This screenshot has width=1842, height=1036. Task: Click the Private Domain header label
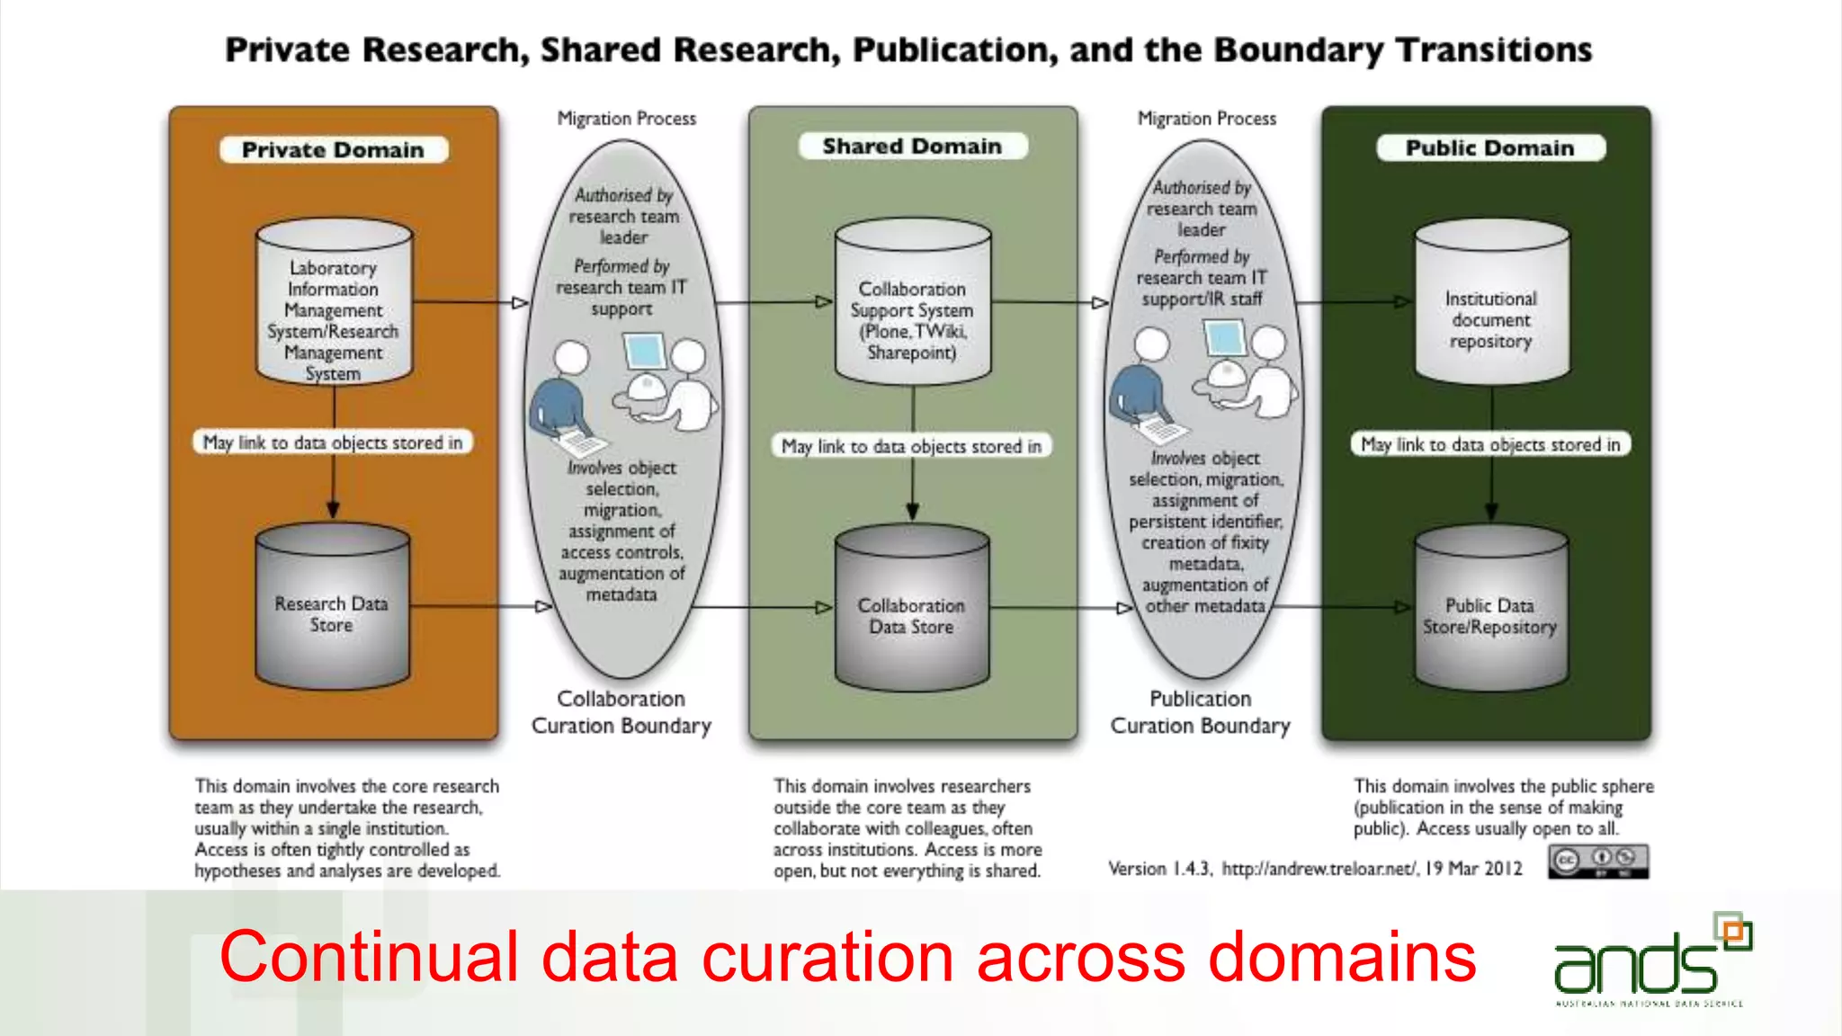(x=333, y=149)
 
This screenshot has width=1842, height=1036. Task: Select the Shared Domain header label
(x=912, y=146)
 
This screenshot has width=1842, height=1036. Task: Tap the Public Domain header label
(x=1490, y=147)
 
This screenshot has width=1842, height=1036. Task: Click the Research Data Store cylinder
(x=332, y=611)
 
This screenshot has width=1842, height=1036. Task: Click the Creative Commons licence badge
(x=1597, y=862)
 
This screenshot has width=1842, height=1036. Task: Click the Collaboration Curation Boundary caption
(x=621, y=712)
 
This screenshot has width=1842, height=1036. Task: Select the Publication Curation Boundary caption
(x=1200, y=712)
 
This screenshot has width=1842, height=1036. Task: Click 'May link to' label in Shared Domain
(x=911, y=446)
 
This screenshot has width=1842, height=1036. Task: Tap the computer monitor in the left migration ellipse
(x=644, y=352)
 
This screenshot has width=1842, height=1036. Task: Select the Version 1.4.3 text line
(x=1315, y=868)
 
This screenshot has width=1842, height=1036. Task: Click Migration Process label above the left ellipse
(x=626, y=119)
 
